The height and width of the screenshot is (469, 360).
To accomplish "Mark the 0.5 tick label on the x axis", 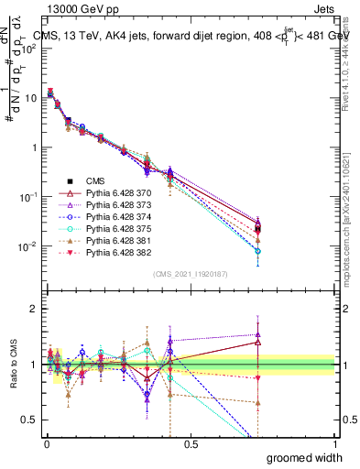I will click(x=191, y=443).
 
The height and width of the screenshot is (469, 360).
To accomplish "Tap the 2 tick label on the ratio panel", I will click(x=29, y=309).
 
